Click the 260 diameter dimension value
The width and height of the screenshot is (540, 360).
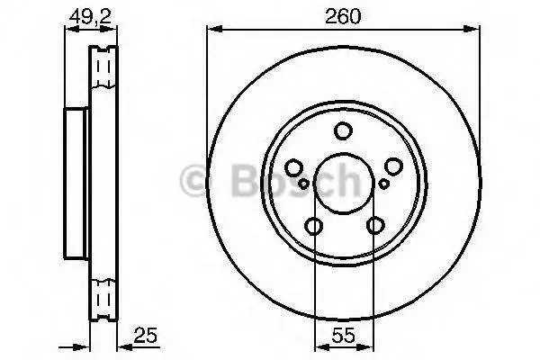[343, 16]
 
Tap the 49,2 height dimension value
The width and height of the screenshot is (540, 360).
[91, 16]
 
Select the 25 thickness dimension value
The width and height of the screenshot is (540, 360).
[146, 335]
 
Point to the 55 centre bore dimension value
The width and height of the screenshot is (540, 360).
[344, 335]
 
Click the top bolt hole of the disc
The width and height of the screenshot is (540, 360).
[343, 130]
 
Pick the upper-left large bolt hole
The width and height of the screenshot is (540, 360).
[294, 167]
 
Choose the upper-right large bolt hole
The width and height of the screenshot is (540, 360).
[393, 166]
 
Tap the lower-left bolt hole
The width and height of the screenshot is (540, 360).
[314, 226]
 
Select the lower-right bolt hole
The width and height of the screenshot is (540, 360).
[375, 226]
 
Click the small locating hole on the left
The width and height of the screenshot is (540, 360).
[303, 184]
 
